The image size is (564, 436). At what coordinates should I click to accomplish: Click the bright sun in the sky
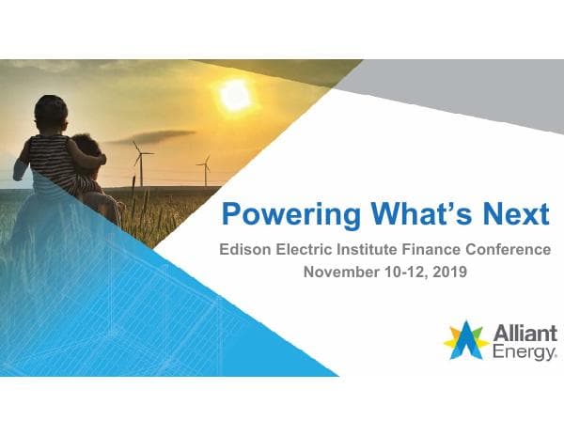[x=235, y=95]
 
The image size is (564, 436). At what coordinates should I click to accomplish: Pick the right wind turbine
[x=204, y=169]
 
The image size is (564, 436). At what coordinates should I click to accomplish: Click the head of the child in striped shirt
[x=52, y=113]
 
